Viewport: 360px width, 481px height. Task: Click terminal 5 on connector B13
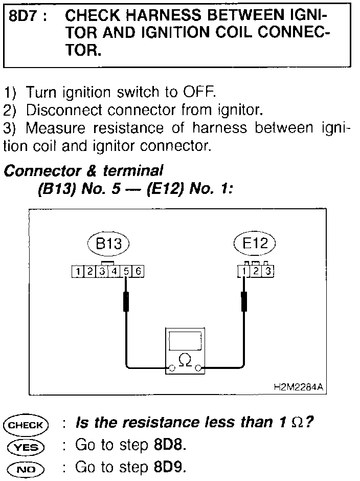click(x=127, y=272)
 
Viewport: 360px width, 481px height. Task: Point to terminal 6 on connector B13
click(x=138, y=272)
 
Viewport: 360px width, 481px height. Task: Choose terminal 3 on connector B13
click(x=103, y=272)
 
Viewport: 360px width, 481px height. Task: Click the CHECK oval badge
click(x=26, y=424)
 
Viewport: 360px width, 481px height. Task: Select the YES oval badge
click(x=26, y=446)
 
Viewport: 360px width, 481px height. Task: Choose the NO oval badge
click(x=26, y=468)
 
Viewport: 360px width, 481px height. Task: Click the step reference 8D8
click(x=168, y=445)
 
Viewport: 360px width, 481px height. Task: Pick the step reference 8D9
click(x=168, y=467)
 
